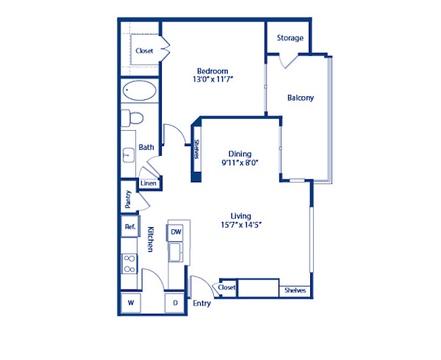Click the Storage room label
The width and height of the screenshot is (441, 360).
coord(290,38)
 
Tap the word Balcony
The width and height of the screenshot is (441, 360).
coord(300,98)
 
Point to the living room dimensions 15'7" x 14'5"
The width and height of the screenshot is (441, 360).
coord(240,225)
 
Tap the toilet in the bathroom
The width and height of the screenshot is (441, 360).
coord(132,118)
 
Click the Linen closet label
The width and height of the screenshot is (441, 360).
coord(148,183)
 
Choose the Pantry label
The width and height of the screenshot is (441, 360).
coord(128,198)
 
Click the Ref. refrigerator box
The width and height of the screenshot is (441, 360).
coord(130,228)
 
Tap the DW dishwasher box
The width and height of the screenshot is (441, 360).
coord(176,232)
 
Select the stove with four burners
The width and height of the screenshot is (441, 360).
coord(129,263)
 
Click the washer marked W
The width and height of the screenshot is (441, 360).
coord(131,302)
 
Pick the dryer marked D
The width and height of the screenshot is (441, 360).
coord(176,302)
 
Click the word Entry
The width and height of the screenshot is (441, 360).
coord(201,303)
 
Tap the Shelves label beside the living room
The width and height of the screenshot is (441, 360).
coord(295,290)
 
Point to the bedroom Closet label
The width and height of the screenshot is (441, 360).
coord(144,51)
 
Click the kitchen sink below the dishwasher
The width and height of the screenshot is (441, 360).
coord(176,252)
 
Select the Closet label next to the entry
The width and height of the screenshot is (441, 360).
coord(227,288)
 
